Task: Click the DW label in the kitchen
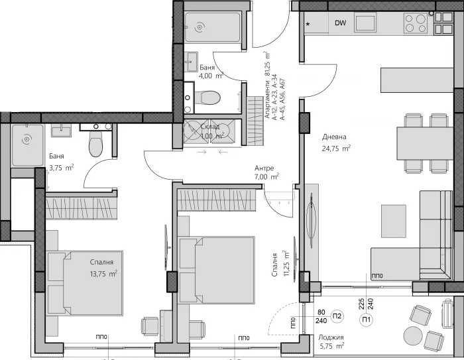[x=340, y=24]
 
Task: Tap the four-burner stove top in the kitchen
[x=416, y=23]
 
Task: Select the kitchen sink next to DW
[x=365, y=23]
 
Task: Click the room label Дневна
[x=335, y=137]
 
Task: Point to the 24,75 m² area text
[x=337, y=149]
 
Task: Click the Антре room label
[x=264, y=168]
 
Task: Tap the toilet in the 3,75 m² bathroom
[x=96, y=142]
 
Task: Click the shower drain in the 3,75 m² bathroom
[x=27, y=140]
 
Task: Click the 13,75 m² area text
[x=103, y=272]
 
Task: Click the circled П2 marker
[x=337, y=315]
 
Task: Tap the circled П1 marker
[x=367, y=321]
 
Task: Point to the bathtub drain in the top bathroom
[x=199, y=27]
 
